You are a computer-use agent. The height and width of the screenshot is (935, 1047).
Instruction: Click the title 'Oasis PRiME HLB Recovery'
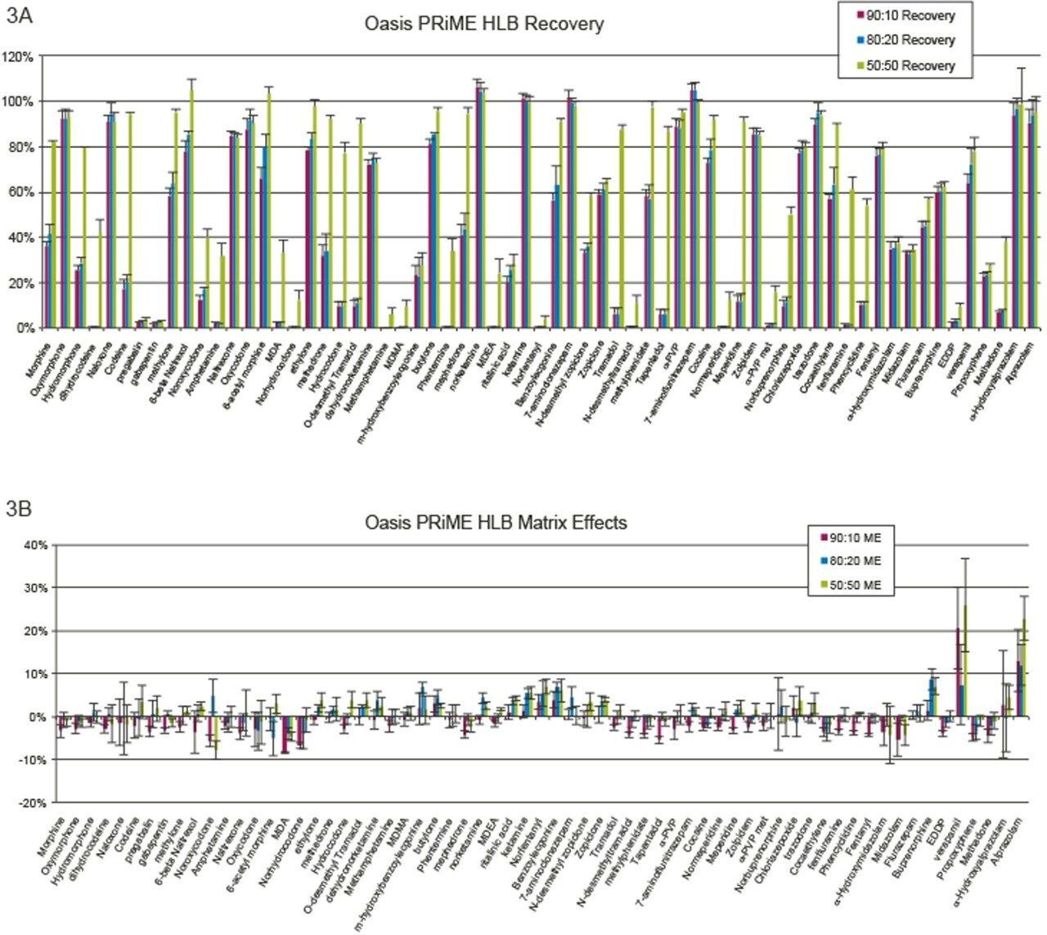[x=484, y=24]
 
